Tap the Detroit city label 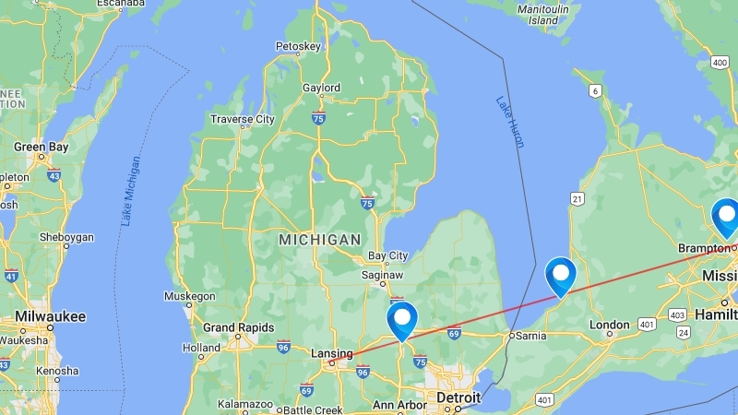458,397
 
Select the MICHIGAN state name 320,240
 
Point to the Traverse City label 243,119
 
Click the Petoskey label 298,46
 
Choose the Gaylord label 321,89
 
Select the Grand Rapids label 238,327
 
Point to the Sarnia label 530,336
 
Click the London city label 610,325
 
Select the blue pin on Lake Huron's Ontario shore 560,275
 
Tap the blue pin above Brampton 726,218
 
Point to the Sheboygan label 65,237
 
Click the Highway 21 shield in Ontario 577,198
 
